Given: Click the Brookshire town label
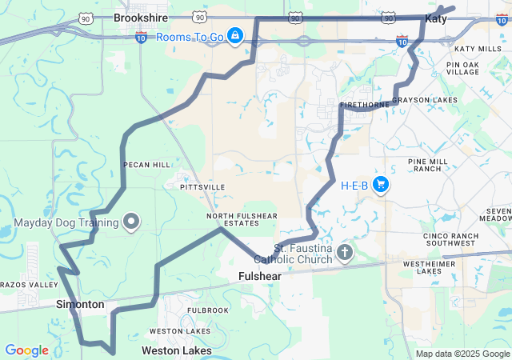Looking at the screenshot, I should click(138, 17).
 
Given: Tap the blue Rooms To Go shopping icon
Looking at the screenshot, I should click(234, 36).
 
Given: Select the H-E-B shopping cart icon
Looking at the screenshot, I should click(380, 185).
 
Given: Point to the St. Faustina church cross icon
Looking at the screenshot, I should click(345, 254).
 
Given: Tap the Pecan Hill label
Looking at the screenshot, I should click(146, 165).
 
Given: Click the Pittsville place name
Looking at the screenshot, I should click(203, 187).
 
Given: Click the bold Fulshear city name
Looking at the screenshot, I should click(262, 277).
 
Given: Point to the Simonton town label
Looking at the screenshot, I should click(80, 305).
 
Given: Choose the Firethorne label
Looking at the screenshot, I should click(364, 105).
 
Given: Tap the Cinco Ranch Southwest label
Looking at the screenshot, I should click(451, 240).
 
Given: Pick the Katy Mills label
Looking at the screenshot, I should click(478, 50).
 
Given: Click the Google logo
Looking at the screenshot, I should click(26, 350).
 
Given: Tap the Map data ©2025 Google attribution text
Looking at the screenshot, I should click(462, 354).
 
